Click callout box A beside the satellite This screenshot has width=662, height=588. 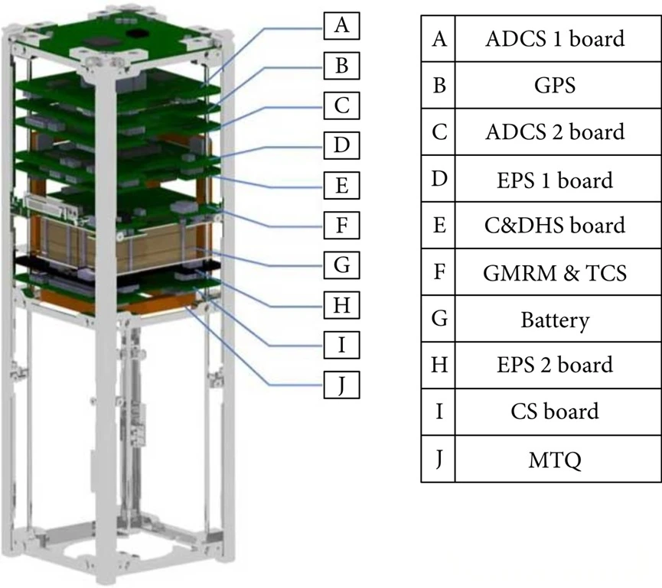coord(342,26)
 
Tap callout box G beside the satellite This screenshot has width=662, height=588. coord(342,265)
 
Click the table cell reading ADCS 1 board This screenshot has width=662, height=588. coord(554,38)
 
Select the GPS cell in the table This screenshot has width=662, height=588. coord(554,85)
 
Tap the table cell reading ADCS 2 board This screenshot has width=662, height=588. coord(554,132)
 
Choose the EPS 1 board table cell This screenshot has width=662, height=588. coord(554,179)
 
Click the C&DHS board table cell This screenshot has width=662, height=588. coord(554,226)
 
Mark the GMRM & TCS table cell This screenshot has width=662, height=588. coord(554,272)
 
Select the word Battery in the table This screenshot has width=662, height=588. coord(554,319)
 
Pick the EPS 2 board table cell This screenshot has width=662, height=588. coord(554,365)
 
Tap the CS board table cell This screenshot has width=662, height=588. coord(554,412)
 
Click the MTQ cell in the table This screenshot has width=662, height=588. coord(554,459)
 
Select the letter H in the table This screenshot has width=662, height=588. coord(439,365)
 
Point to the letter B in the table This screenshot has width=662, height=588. coord(439,85)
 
